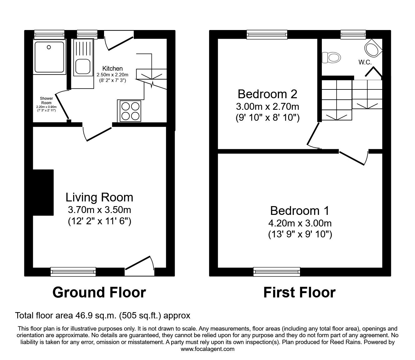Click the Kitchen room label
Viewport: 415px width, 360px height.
coord(112,68)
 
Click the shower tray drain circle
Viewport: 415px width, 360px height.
coord(49,47)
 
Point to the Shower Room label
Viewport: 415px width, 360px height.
coord(46,101)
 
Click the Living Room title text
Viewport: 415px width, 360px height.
coord(99,197)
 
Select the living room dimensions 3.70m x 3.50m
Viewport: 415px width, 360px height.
coord(99,210)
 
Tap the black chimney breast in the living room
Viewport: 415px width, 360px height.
coord(43,192)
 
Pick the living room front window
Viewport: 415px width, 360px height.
coord(73,271)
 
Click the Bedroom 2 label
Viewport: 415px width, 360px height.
coord(267,94)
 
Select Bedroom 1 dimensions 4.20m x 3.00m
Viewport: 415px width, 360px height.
coord(300,223)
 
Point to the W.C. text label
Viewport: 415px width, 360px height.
coord(365,62)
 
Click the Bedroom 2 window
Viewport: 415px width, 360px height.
coord(267,34)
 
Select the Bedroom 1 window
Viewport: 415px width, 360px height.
coord(277,271)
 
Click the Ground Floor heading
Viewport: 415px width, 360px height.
coord(99,292)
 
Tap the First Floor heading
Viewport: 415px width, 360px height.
coord(299,292)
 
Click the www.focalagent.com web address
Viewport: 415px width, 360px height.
coord(207,349)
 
